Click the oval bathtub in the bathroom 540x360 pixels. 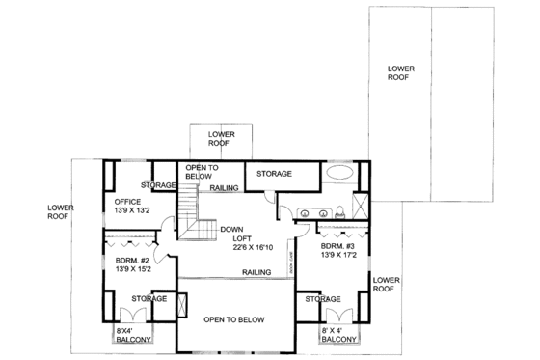(338, 175)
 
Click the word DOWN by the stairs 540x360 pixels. (230, 229)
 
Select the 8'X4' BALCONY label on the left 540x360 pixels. (133, 334)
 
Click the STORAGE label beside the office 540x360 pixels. (157, 184)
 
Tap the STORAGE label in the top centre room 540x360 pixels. (275, 173)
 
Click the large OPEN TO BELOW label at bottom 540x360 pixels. (233, 319)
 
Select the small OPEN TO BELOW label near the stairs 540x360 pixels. (201, 172)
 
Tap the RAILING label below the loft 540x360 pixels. (257, 272)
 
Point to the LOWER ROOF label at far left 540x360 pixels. (61, 211)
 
